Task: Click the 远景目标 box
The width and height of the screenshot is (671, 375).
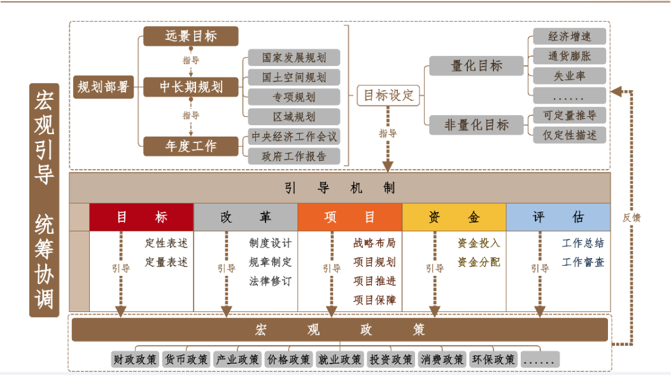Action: pyautogui.click(x=190, y=36)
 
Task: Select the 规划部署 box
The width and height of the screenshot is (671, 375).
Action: pyautogui.click(x=102, y=86)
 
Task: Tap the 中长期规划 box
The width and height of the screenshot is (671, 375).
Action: pyautogui.click(x=190, y=86)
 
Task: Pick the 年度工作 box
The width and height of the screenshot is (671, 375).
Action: pyautogui.click(x=190, y=146)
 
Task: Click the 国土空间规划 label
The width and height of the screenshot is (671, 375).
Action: pyautogui.click(x=293, y=78)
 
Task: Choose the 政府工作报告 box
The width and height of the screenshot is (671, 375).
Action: pyautogui.click(x=293, y=156)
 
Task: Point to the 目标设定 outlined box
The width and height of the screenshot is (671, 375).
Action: pyautogui.click(x=388, y=95)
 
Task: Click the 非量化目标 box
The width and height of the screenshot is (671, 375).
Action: pyautogui.click(x=476, y=125)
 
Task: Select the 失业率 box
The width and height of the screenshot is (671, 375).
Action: pyautogui.click(x=569, y=76)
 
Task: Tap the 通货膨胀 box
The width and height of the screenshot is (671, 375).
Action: pyautogui.click(x=569, y=56)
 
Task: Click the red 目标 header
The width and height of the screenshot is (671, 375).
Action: pyautogui.click(x=141, y=217)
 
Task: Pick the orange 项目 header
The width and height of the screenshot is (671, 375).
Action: pyautogui.click(x=350, y=217)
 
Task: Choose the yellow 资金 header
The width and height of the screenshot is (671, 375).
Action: pyautogui.click(x=454, y=217)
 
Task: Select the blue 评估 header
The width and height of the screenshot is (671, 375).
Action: pyautogui.click(x=558, y=217)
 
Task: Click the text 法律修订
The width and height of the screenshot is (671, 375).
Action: pyautogui.click(x=271, y=281)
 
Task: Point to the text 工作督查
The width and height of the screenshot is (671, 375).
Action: pyautogui.click(x=583, y=262)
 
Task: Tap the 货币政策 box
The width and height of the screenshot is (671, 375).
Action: pyautogui.click(x=186, y=359)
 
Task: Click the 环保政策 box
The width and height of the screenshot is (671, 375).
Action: pyautogui.click(x=493, y=359)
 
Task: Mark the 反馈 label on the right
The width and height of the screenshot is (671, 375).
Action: pyautogui.click(x=632, y=217)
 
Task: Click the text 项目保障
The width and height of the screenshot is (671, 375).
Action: pyautogui.click(x=374, y=300)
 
